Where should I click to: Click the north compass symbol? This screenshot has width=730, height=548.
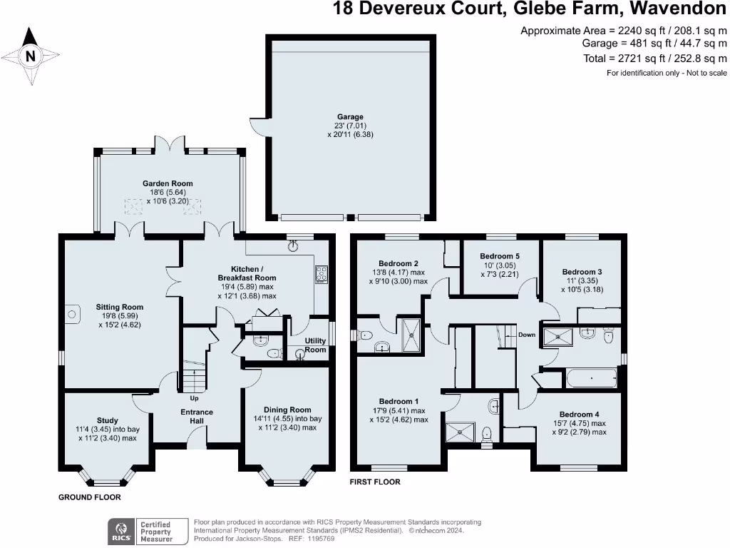point(30,55)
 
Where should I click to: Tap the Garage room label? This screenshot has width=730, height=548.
point(350,117)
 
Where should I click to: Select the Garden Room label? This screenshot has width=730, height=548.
point(169,183)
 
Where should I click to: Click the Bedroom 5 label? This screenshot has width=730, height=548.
point(500,256)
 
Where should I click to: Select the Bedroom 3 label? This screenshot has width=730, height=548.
point(582,272)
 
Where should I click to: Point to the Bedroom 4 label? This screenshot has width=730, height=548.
point(579,415)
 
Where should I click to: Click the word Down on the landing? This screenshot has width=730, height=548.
point(527,335)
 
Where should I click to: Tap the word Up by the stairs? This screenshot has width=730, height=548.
point(194,398)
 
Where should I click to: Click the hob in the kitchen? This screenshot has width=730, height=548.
point(322,274)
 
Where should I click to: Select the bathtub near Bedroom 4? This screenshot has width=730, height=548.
point(592,378)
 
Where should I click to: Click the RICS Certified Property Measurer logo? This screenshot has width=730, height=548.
point(142,532)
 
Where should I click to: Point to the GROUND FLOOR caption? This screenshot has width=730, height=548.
point(89,497)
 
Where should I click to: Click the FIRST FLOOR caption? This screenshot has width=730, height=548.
point(374,482)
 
